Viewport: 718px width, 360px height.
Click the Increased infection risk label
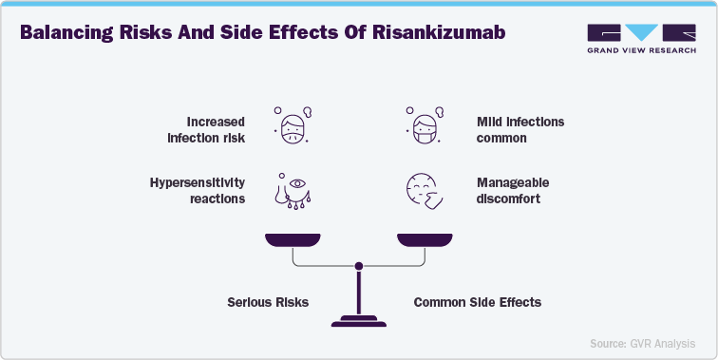pyautogui.click(x=206, y=129)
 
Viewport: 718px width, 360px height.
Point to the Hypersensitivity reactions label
pyautogui.click(x=197, y=190)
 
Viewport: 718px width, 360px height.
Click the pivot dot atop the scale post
pyautogui.click(x=358, y=267)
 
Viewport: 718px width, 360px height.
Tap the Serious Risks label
pyautogui.click(x=268, y=302)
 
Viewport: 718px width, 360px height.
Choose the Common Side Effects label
pyautogui.click(x=477, y=302)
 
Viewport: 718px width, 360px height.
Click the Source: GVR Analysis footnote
pyautogui.click(x=641, y=343)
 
